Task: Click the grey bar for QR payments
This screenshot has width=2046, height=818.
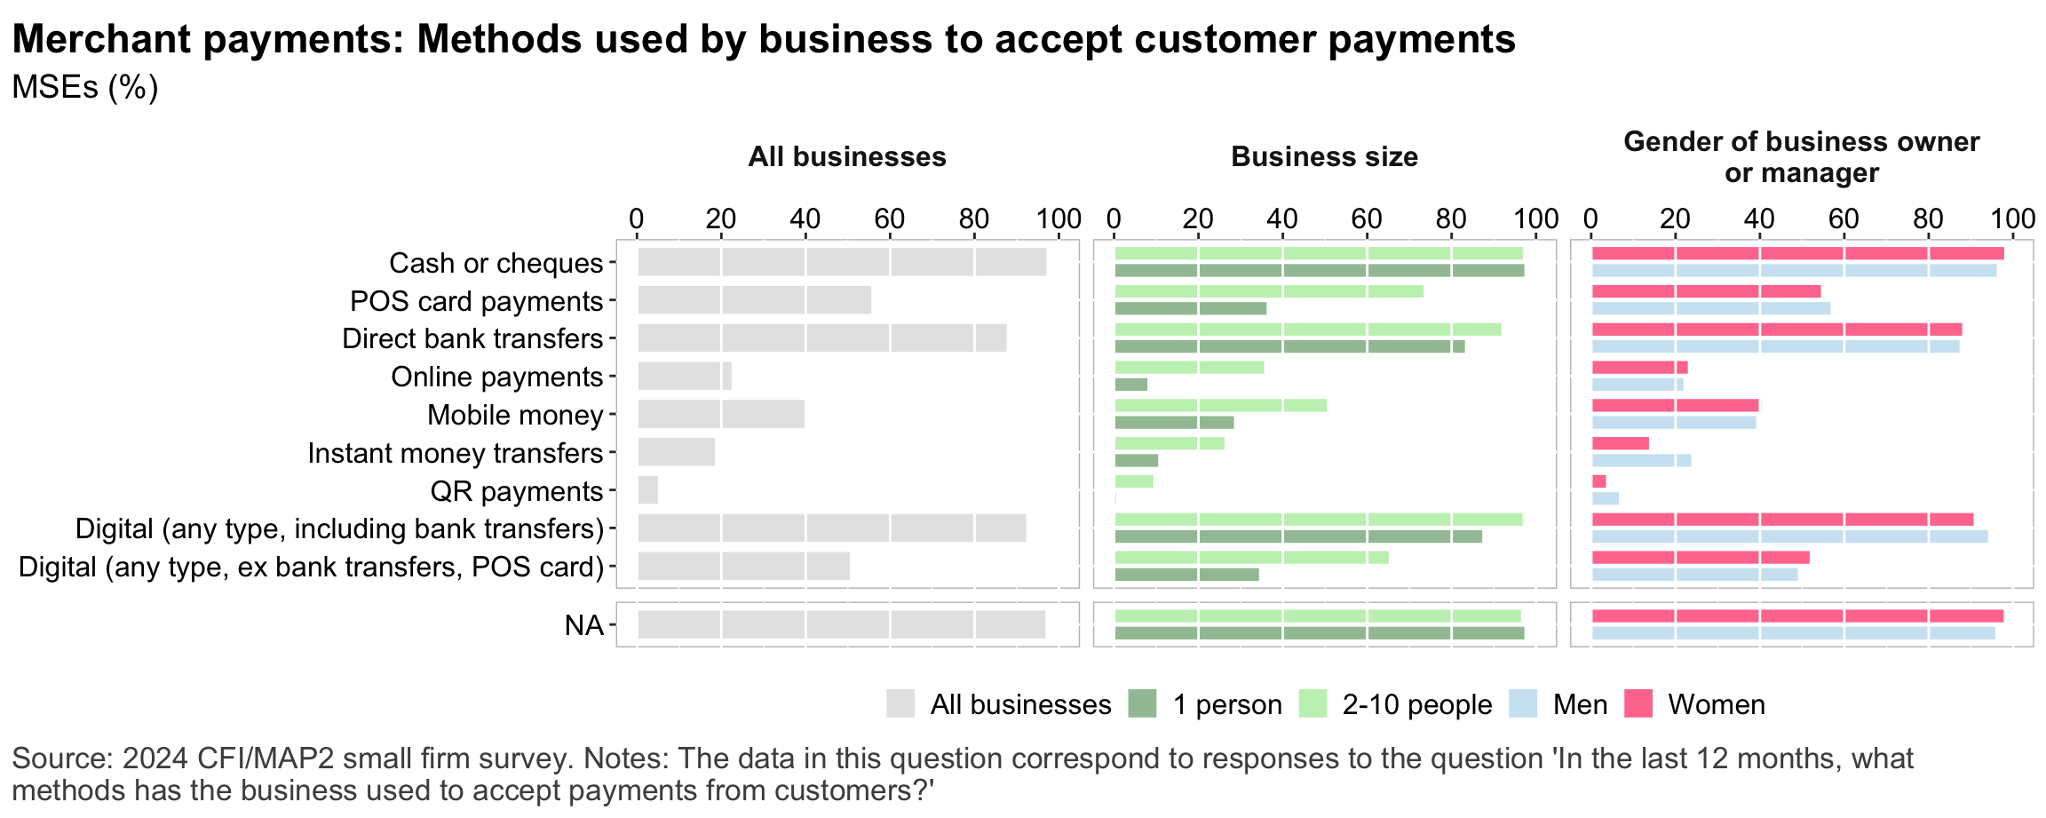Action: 647,490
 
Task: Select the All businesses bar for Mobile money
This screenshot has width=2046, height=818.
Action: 720,415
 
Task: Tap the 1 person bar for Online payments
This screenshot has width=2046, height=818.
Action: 1130,385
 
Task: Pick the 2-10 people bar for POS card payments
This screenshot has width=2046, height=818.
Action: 1268,291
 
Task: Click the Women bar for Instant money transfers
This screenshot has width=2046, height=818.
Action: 1620,443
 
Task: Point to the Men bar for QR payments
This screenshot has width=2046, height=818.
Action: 1605,498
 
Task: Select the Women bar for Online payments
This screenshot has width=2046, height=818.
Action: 1639,368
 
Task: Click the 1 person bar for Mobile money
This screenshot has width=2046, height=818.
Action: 1174,423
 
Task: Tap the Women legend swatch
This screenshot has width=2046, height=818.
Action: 1638,704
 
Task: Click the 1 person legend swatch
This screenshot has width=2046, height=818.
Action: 1142,704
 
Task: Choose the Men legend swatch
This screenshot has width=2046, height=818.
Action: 1523,704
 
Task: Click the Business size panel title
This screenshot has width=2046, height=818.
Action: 1324,157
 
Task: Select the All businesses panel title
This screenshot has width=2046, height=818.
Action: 846,157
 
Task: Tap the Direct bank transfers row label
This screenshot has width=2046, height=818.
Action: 472,339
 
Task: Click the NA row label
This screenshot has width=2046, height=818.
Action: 583,625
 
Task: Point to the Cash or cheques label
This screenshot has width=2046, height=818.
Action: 496,263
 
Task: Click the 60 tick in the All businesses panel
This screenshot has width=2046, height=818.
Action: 889,218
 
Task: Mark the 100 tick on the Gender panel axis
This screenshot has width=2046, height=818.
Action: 2012,218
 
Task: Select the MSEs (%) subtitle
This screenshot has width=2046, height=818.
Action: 85,87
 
